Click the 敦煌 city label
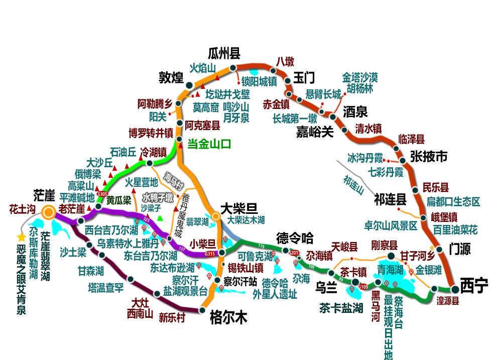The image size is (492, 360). [x=171, y=77]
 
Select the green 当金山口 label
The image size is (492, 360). [x=209, y=144]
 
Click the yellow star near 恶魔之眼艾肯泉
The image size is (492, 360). [x=21, y=237]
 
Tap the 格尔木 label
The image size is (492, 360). [x=228, y=317]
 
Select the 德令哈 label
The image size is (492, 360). [x=295, y=237]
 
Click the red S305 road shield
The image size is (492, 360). [x=102, y=194]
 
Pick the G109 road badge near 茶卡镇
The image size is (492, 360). [x=362, y=287]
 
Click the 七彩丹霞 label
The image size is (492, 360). [x=386, y=172]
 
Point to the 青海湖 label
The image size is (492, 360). [x=391, y=270]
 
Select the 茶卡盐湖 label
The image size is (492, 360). [x=341, y=308]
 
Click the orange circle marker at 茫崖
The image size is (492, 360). [x=48, y=212]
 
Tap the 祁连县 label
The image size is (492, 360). [x=390, y=200]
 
